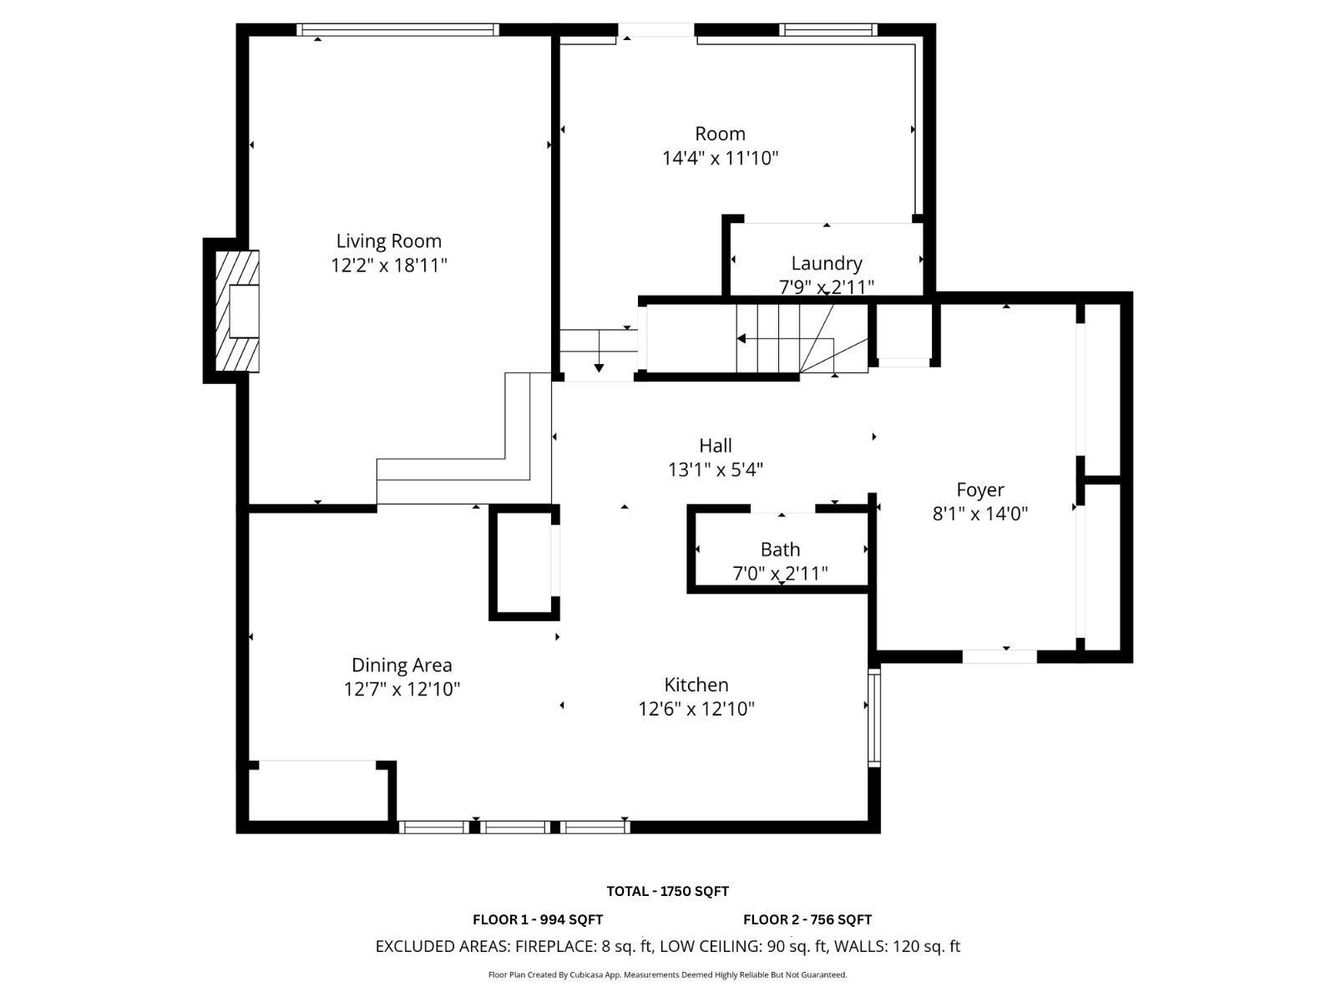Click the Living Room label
coord(388,241)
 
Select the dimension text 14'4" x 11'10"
coord(720,158)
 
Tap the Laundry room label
coord(826,264)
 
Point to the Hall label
coord(716,446)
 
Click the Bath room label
coord(780,549)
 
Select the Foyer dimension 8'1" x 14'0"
coord(979,514)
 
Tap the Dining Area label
coord(402,665)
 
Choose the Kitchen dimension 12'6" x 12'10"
coord(696,709)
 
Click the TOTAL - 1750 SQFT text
coord(667,891)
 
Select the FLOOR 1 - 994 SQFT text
coord(538,919)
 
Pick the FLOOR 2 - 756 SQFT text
coord(807,919)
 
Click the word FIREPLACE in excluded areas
coord(554,946)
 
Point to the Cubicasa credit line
coord(667,974)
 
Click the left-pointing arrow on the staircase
coord(741,338)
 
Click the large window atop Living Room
coord(398,30)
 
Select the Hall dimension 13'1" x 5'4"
coord(716,470)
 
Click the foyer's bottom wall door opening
coord(999,656)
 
